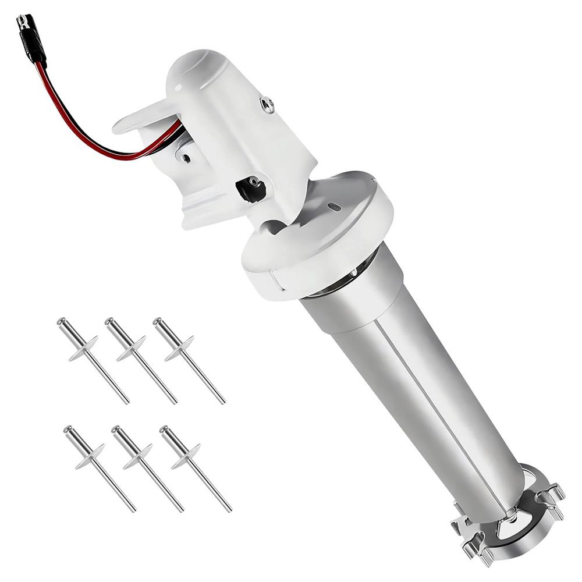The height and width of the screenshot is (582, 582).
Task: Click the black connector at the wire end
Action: pos(30,39)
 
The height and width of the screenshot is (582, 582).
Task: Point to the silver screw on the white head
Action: pos(267,105)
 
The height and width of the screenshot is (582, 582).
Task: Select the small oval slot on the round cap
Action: pos(333,207)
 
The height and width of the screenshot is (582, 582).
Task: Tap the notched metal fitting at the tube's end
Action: pos(512,512)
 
